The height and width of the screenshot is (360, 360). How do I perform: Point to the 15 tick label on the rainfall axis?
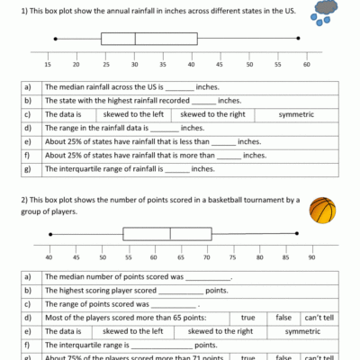(x=47, y=65)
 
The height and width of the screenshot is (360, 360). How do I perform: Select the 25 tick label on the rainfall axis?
(x=105, y=65)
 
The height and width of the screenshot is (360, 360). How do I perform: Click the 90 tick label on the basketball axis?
(x=310, y=259)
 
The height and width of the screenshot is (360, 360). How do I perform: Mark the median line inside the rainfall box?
(x=135, y=39)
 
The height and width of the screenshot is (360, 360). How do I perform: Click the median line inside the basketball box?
(x=170, y=234)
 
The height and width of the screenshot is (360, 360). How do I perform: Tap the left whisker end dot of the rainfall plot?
(x=56, y=39)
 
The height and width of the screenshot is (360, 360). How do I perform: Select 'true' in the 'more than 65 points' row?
(x=247, y=318)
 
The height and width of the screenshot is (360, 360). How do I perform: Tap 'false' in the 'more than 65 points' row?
(x=283, y=318)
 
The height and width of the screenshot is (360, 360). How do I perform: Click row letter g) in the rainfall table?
(x=28, y=169)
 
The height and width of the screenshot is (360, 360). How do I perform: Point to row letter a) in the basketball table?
(x=28, y=277)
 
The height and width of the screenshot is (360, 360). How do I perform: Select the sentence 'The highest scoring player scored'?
(x=103, y=291)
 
